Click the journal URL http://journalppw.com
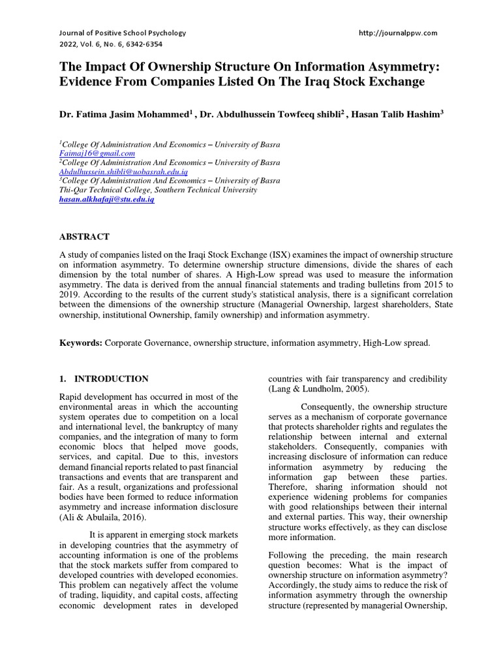click(x=398, y=33)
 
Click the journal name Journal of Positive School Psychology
click(x=123, y=33)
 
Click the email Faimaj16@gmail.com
click(x=89, y=153)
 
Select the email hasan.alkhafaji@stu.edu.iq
click(x=106, y=200)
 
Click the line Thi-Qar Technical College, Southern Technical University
click(x=158, y=190)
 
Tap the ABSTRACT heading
click(x=84, y=237)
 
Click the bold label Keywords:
click(x=81, y=343)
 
